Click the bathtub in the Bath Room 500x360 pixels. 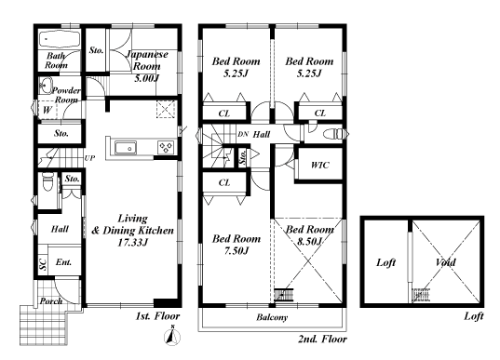click(60, 40)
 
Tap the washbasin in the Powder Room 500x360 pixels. click(46, 86)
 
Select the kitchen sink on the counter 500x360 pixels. click(126, 148)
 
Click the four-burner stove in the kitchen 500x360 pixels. click(166, 148)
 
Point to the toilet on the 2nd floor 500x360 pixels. click(334, 134)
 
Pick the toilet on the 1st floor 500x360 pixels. click(47, 182)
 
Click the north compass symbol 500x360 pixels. click(172, 336)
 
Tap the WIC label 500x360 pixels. click(320, 165)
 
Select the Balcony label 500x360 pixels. click(272, 317)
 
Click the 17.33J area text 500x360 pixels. click(132, 243)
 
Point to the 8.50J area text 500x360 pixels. click(309, 242)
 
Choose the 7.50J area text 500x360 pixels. click(236, 251)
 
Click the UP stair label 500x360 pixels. click(89, 158)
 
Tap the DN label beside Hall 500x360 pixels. click(243, 134)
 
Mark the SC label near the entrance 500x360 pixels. click(43, 264)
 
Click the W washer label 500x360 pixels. click(47, 110)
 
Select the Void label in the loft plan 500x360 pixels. click(445, 262)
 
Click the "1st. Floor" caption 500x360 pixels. click(157, 316)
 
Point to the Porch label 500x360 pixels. click(51, 300)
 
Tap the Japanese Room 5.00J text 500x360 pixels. click(147, 66)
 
